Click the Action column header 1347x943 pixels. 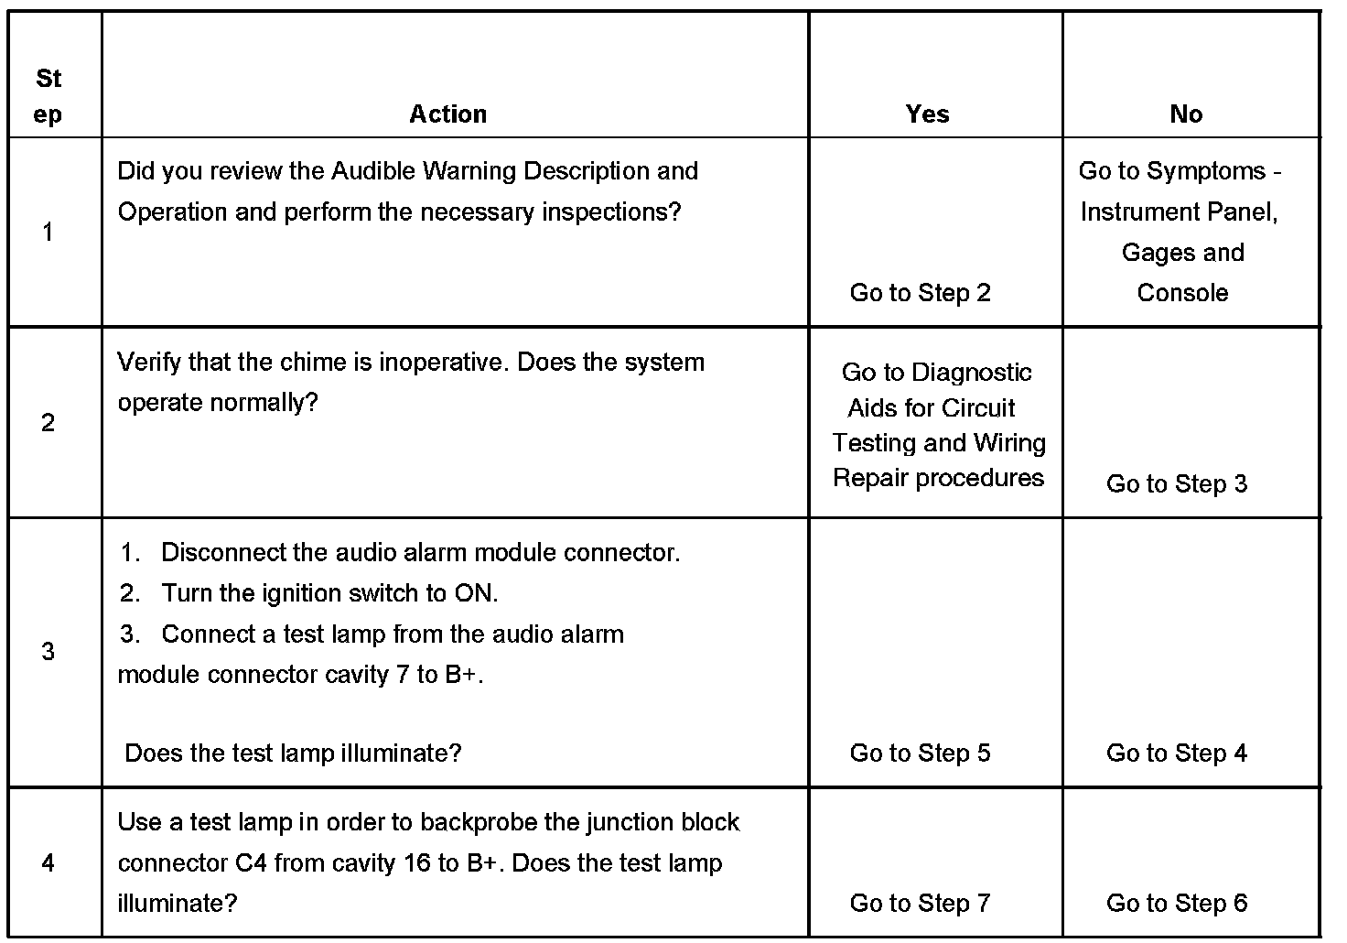point(447,114)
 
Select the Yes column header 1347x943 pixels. point(927,114)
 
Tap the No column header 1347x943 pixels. point(1185,114)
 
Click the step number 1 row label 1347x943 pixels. point(48,233)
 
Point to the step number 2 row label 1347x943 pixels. point(48,423)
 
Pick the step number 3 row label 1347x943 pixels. point(48,652)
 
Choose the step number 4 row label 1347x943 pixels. point(48,862)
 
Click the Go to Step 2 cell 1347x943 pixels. point(920,293)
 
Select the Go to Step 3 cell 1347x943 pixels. point(1176,484)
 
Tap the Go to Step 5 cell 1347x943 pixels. point(920,753)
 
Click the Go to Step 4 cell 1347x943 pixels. point(1176,753)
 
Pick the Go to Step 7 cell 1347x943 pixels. point(920,904)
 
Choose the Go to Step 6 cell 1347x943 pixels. point(1176,904)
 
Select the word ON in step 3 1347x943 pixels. point(474,593)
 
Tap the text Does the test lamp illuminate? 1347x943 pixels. point(293,753)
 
